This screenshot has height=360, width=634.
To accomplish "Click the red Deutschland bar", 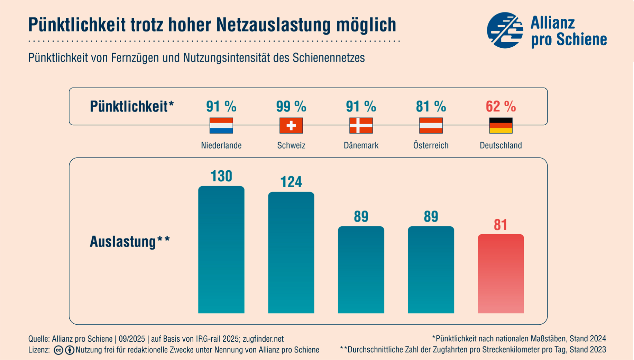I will point(500,273).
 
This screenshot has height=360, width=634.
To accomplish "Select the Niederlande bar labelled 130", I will point(221,249).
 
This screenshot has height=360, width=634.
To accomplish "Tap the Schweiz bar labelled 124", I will point(291,253).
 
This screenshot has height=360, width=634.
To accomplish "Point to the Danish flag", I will point(361,125).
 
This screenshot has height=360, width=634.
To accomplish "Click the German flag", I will point(500,125).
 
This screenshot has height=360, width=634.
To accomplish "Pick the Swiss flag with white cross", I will point(291,125).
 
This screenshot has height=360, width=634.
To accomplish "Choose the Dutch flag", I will point(221,125).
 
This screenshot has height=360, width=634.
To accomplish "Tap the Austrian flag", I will point(431,125).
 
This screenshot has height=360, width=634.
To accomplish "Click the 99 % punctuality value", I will point(291,106).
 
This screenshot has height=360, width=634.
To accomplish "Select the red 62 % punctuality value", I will point(500,106).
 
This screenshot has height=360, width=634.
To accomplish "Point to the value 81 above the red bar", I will point(500,225).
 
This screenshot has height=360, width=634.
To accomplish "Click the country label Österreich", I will point(431,145).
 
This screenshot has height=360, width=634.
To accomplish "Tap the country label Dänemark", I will point(361,145).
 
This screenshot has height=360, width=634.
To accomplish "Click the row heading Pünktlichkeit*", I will point(132,106).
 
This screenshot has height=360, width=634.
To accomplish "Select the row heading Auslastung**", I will point(130,241).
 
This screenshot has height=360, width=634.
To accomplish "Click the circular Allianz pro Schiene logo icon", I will point(505,30).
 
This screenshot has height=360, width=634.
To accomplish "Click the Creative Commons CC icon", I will point(58,350).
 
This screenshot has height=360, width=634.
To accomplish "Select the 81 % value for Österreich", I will point(431,106).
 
